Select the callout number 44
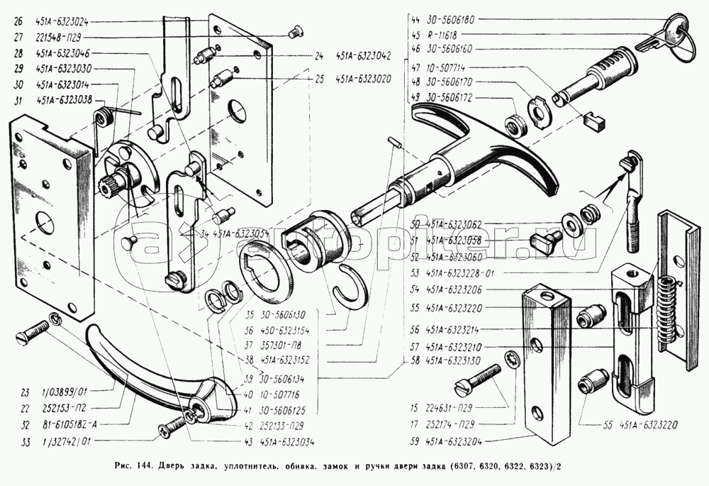[414, 21]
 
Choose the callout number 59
[414, 441]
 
